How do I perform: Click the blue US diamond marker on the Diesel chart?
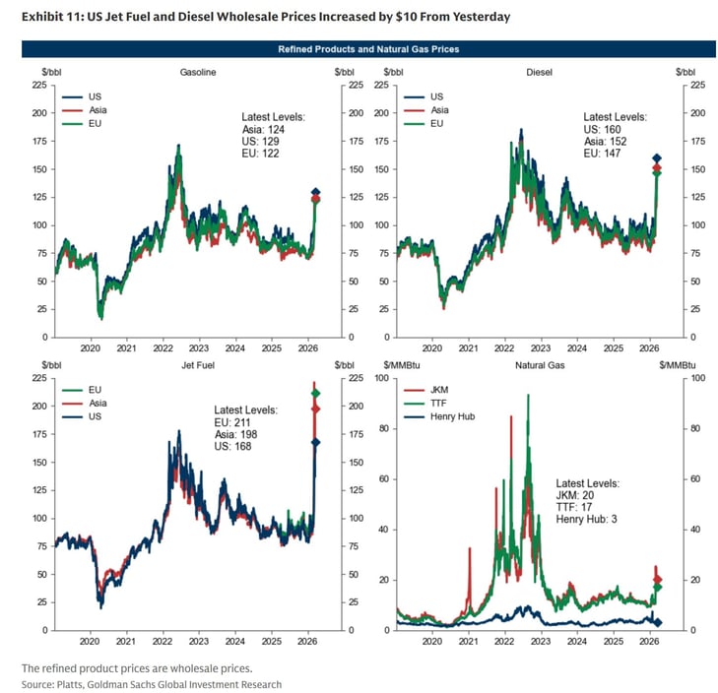(x=657, y=158)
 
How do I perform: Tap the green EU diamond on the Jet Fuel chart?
(x=315, y=393)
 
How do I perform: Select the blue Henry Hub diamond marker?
(x=658, y=622)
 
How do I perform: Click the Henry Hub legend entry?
(x=439, y=416)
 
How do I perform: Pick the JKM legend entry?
(x=425, y=390)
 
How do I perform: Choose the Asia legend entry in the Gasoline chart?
(x=85, y=110)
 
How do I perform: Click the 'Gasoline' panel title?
(x=198, y=72)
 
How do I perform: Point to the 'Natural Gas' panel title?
(x=540, y=365)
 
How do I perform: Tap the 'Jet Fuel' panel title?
(x=198, y=365)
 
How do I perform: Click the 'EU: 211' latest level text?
(x=232, y=422)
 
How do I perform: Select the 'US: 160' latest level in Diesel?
(x=602, y=130)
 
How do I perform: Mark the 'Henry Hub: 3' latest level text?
(x=587, y=519)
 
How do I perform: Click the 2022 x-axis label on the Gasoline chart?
(x=163, y=348)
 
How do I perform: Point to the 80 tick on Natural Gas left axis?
(x=384, y=428)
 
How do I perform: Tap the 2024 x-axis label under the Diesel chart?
(x=577, y=348)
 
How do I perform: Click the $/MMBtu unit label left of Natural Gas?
(x=402, y=365)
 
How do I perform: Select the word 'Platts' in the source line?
(x=70, y=685)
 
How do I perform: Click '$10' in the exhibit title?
(x=405, y=17)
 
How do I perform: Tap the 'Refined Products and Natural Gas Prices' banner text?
(x=368, y=49)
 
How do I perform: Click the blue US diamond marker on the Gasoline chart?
(x=315, y=192)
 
